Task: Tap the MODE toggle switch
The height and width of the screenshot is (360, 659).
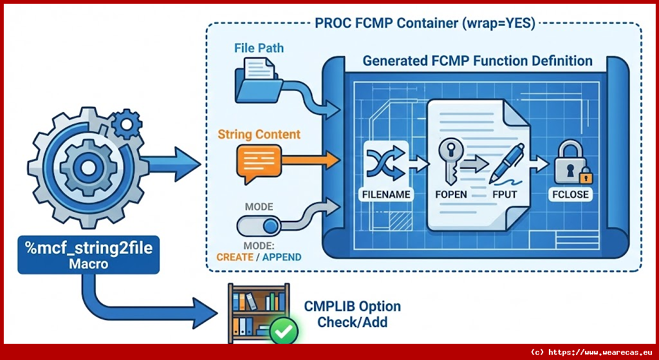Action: coord(259,226)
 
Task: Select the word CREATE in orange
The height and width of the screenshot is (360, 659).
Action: coord(235,257)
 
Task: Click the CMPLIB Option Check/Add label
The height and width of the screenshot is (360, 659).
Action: coord(353,314)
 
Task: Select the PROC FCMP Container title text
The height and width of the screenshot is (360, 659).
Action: coord(425,24)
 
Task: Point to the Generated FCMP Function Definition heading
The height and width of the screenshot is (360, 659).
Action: coord(478,61)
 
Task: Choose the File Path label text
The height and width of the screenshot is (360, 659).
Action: coord(259,48)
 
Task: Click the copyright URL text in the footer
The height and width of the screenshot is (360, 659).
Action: coord(591,352)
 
